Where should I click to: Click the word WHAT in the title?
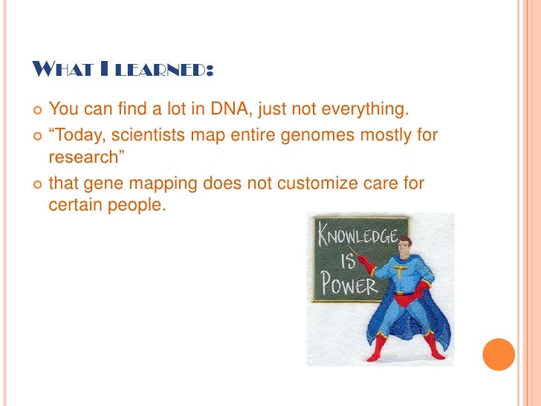point(63,68)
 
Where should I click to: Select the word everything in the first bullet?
point(365,109)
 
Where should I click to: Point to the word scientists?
point(149,135)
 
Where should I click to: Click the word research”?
point(86,157)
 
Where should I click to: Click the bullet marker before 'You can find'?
point(37,111)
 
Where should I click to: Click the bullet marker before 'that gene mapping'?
point(37,184)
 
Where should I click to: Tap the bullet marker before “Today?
point(37,136)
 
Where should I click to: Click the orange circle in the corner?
point(499,355)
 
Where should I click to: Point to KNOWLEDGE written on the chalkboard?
point(357,235)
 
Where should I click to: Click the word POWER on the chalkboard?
point(349,284)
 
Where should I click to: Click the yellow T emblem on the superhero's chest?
point(400,271)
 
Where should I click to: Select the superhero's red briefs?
point(406,299)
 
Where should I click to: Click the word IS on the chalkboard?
point(348,261)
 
